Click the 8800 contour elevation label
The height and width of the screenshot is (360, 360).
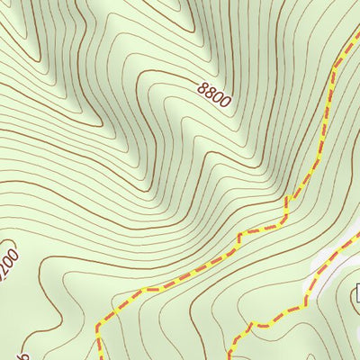click(x=212, y=94)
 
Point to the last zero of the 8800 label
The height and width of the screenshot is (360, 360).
click(x=223, y=102)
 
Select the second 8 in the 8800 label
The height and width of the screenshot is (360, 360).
click(x=209, y=91)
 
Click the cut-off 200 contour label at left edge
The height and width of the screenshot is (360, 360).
click(x=8, y=262)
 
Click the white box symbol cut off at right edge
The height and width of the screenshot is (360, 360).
click(x=356, y=292)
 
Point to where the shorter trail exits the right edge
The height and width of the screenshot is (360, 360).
click(x=358, y=235)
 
